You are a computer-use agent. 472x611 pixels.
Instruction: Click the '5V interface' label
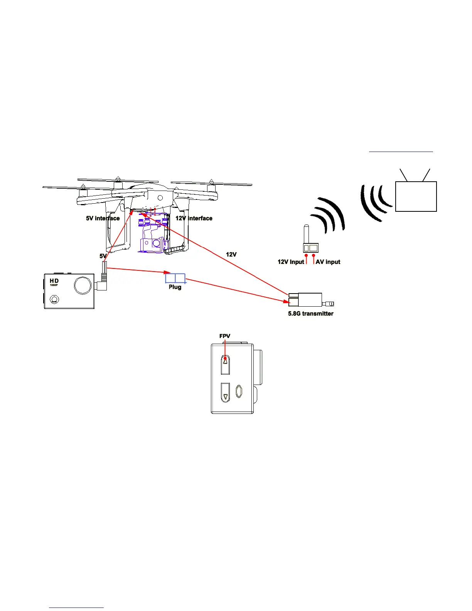tap(103, 218)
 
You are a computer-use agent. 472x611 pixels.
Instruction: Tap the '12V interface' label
tap(194, 218)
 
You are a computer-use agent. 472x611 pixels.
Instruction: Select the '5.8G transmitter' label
tap(310, 314)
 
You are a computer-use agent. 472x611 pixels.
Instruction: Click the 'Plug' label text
tap(175, 287)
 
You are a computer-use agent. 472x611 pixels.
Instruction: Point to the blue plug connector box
tap(175, 278)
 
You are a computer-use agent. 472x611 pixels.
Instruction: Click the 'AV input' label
tap(328, 262)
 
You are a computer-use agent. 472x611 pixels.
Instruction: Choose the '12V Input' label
tap(291, 262)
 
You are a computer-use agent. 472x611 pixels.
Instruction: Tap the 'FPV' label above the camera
tap(225, 336)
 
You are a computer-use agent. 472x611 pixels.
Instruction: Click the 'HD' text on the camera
tap(54, 281)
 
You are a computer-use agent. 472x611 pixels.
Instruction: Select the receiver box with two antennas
tap(416, 196)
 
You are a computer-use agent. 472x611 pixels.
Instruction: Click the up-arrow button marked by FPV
tap(225, 364)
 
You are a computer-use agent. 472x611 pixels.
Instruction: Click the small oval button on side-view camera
tap(239, 392)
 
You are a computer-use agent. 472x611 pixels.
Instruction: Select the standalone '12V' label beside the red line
tap(231, 255)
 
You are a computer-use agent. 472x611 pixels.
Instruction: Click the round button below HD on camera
tap(54, 300)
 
